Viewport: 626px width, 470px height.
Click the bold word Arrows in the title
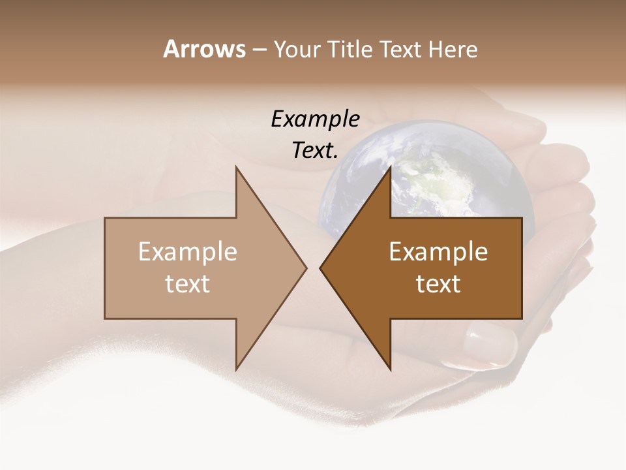coord(204,49)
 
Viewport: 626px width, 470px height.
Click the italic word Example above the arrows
coord(315,119)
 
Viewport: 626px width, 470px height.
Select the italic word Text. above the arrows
coord(315,151)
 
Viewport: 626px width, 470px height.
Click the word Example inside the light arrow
coord(188,252)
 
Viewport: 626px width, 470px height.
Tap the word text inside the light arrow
coord(188,284)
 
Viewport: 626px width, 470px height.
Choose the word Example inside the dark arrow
coord(438,252)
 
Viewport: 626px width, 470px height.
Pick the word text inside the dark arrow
coord(438,284)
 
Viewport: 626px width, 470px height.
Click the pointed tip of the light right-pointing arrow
coord(306,268)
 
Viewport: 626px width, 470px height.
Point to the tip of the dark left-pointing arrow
coord(320,268)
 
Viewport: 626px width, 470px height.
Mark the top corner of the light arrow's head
coord(236,167)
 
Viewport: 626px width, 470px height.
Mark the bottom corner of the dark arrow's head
coord(390,369)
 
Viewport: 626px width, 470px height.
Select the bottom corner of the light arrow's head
coord(236,369)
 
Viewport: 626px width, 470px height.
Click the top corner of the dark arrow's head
coord(390,167)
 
